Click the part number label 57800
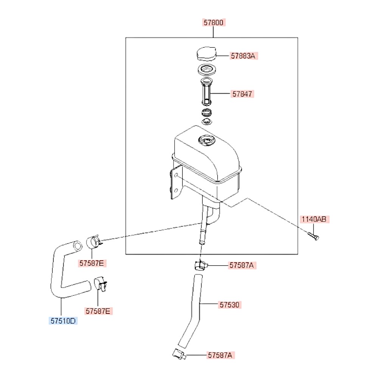point(213,22)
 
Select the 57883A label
point(243,56)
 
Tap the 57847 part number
point(242,94)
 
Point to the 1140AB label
point(314,219)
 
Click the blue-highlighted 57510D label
point(63,321)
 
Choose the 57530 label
point(229,305)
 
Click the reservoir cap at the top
point(206,54)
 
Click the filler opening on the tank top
point(206,140)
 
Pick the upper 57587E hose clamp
point(93,242)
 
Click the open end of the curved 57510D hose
point(77,246)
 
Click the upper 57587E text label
point(91,263)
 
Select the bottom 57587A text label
point(220,355)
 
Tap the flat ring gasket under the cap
point(206,70)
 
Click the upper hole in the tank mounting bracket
point(176,175)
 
